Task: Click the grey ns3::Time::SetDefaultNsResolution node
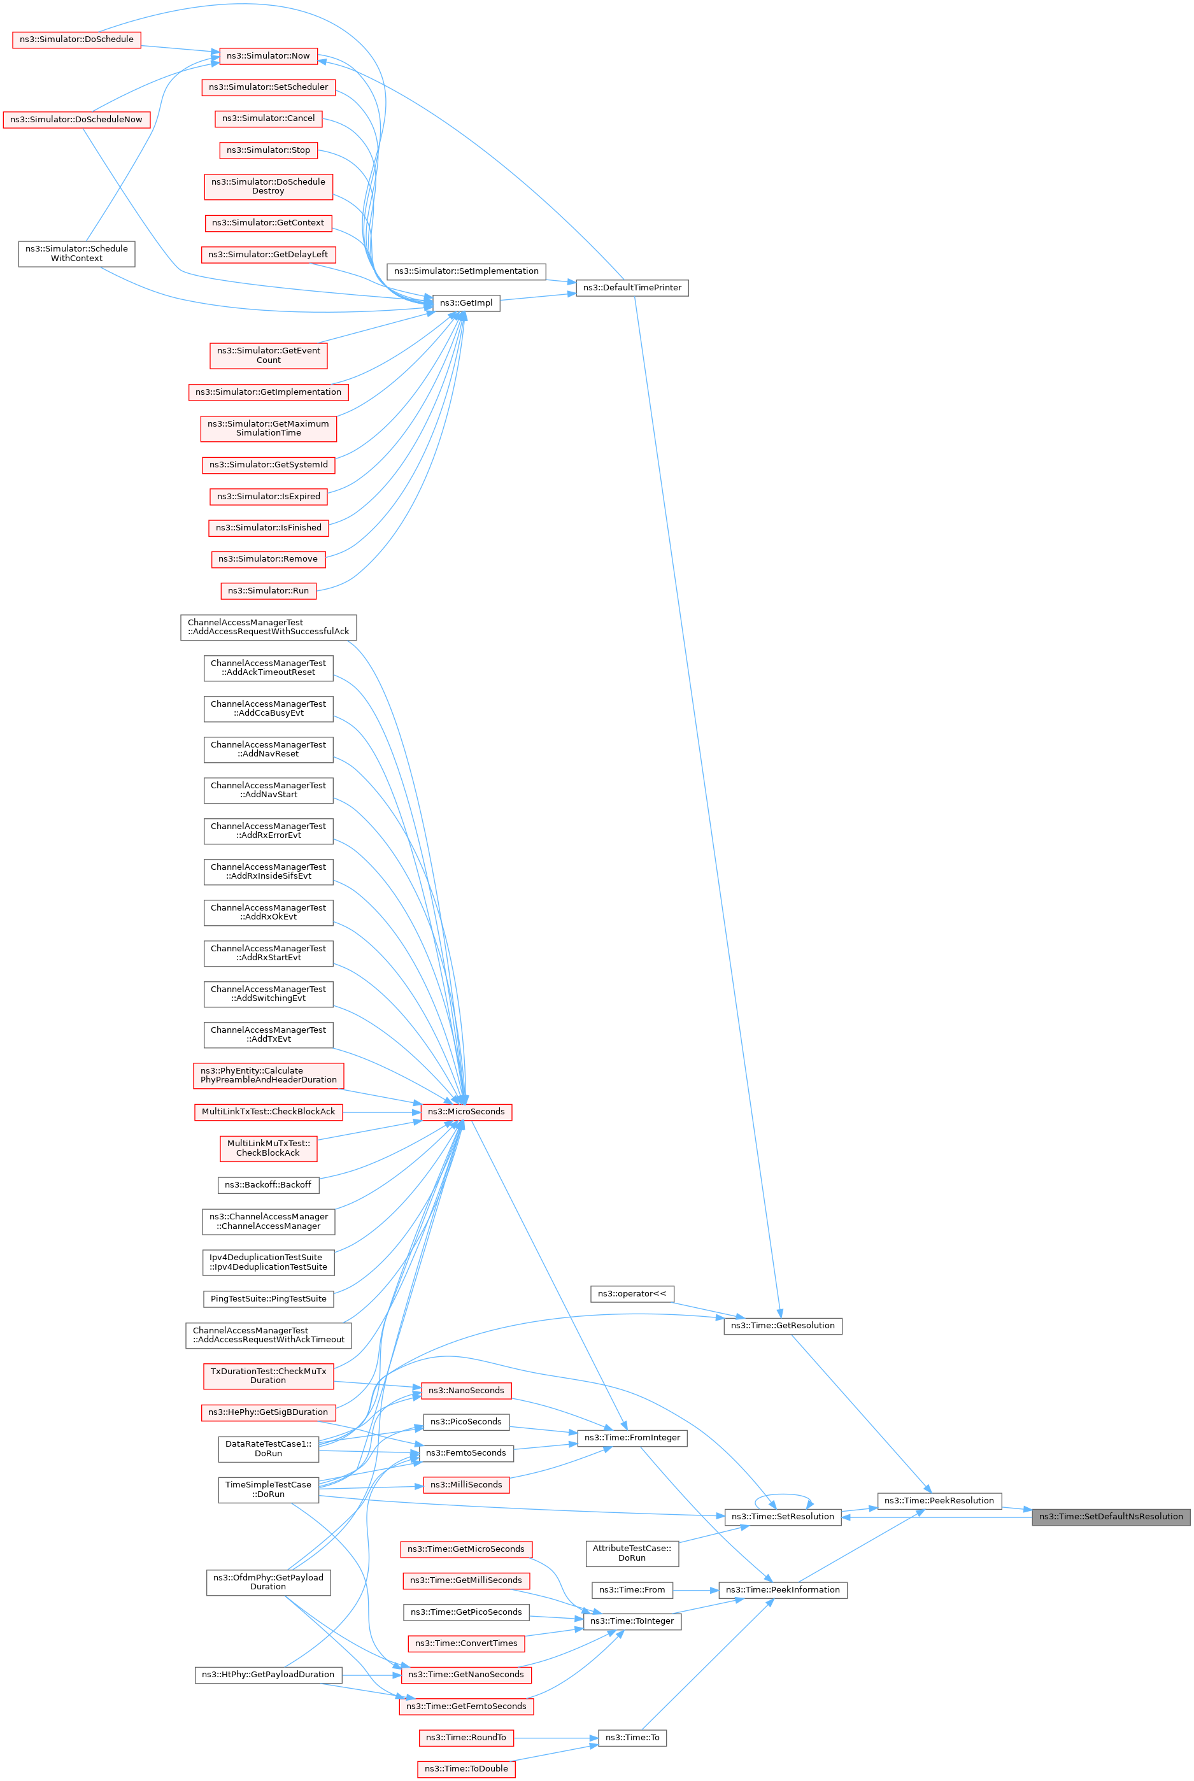coord(1111,1516)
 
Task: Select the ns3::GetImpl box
coord(466,303)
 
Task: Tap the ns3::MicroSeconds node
coord(466,1112)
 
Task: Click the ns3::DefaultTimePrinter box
coord(632,288)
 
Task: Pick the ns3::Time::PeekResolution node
coord(939,1500)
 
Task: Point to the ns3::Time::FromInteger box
coord(632,1438)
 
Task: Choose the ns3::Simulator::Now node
coord(268,55)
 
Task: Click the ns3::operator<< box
coord(632,1294)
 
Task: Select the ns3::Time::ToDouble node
coord(466,1768)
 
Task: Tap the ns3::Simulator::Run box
coord(268,590)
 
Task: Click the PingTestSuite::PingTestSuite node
coord(268,1298)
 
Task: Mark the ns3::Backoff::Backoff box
coord(268,1185)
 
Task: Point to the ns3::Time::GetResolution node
coord(783,1325)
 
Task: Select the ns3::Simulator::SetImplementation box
coord(466,271)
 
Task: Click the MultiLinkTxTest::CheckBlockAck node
coord(268,1112)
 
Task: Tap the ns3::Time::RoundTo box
coord(466,1738)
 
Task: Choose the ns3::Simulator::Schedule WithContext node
coord(77,253)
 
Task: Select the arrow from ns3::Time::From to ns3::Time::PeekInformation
coord(696,1590)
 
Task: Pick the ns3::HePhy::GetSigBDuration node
coord(268,1412)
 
